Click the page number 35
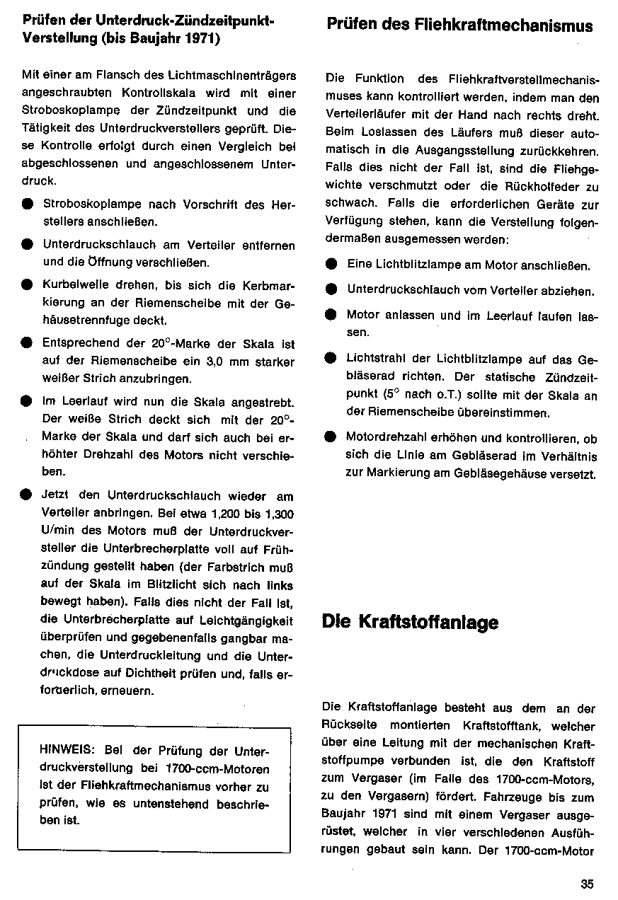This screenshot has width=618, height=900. (586, 882)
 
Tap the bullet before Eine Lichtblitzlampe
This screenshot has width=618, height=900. (331, 265)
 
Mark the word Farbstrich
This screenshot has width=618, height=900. (231, 568)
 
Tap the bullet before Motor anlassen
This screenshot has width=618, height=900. (331, 314)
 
